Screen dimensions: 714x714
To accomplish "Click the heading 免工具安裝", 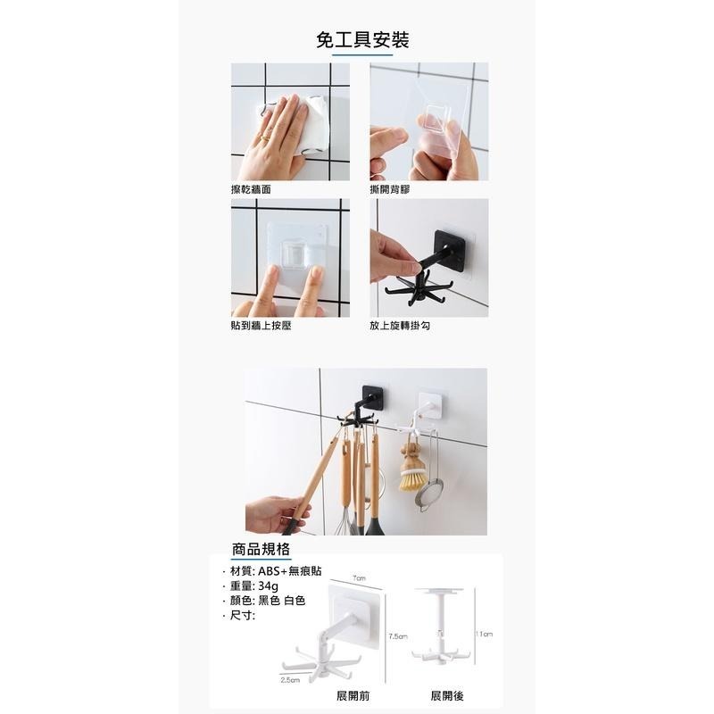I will [x=362, y=39].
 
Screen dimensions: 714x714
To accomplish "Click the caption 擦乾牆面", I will [x=250, y=190].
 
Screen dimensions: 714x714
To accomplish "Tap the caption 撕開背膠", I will [x=389, y=190].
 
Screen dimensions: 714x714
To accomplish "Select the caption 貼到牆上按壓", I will [x=261, y=326].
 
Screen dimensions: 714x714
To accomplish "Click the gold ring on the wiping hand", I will [x=264, y=137].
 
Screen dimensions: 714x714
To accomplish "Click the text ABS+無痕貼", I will [x=288, y=570].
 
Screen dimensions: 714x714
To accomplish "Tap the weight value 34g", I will [x=269, y=585].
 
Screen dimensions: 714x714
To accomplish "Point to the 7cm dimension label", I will [x=359, y=578].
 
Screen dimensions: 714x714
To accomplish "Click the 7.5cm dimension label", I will [x=398, y=636].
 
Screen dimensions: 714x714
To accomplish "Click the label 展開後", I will [x=446, y=694].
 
